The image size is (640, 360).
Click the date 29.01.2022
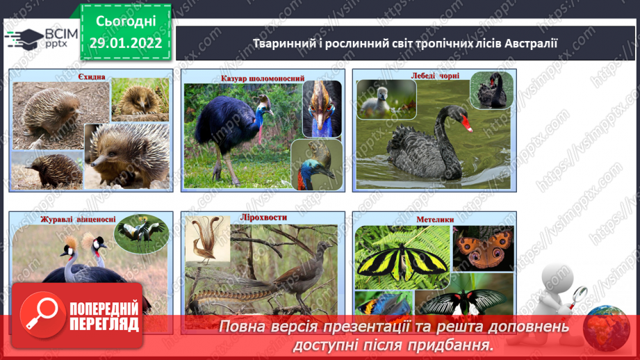126,43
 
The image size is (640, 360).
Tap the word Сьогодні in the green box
126,22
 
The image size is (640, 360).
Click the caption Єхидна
92,76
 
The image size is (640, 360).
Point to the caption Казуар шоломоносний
263,79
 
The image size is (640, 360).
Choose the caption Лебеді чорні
435,76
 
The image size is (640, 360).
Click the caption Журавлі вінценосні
78,220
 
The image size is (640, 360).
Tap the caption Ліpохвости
263,218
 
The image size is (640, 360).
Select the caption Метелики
435,220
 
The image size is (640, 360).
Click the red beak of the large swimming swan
466,124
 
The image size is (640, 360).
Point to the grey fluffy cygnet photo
386,99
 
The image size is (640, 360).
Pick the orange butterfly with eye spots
483,249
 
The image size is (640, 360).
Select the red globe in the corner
607,328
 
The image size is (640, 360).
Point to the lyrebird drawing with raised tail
207,239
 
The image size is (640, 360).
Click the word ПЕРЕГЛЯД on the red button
104,325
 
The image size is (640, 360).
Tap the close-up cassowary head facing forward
322,108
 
